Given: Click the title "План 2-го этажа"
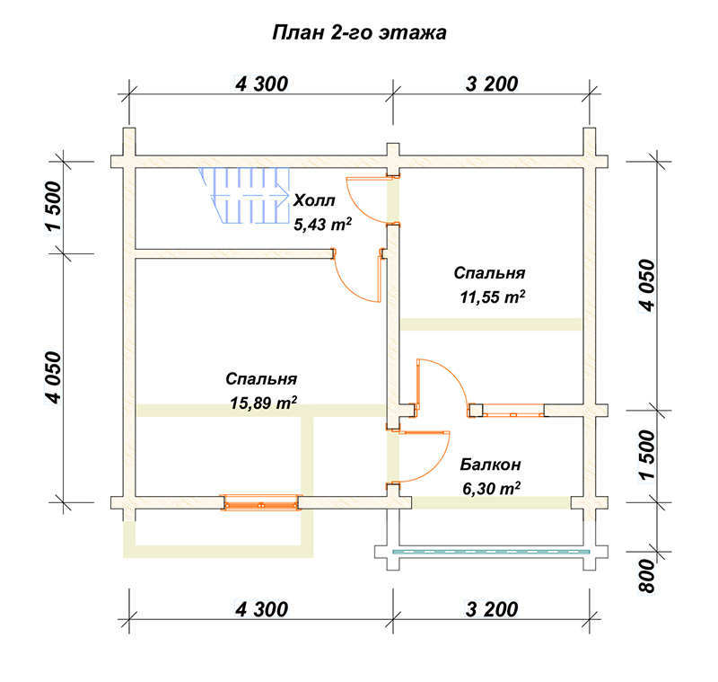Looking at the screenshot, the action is pos(360,33).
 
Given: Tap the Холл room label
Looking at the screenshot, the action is pos(314,200).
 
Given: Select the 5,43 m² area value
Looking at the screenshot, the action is pos(323,224).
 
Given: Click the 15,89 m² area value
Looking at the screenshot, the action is pos(263,403).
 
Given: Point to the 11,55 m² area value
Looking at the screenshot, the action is pos(492,297).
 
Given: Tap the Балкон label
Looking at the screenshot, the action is pos(490,465).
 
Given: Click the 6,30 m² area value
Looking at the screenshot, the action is pos(491,489).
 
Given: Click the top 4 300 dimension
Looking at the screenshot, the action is pos(261,84).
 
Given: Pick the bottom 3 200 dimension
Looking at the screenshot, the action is pos(492,609).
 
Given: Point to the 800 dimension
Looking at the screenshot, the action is pos(647,576).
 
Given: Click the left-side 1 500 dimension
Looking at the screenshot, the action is pos(53,208).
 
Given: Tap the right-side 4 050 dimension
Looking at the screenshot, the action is pos(647,286).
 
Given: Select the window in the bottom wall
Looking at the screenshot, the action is pos(260,502).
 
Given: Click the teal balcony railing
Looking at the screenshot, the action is pos(491,552).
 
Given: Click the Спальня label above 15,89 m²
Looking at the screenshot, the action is pos(261,379).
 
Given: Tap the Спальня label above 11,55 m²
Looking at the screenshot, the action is pos(489,272).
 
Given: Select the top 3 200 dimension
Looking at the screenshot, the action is pos(492,84).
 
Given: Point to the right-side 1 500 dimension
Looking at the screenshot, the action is pos(647,456).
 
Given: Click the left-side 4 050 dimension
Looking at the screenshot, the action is pos(53,377).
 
